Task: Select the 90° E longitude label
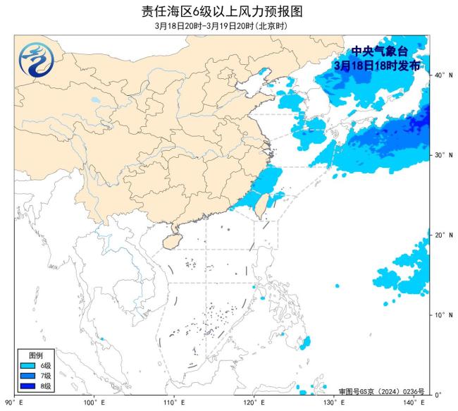click(14, 403)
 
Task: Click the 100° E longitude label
click(94, 403)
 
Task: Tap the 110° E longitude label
click(173, 403)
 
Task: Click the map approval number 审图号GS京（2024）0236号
click(378, 391)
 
